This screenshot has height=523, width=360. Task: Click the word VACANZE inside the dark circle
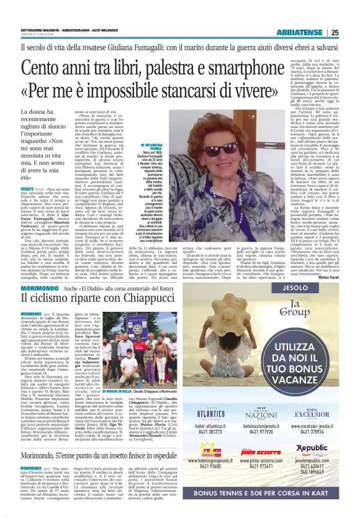click(310, 379)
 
